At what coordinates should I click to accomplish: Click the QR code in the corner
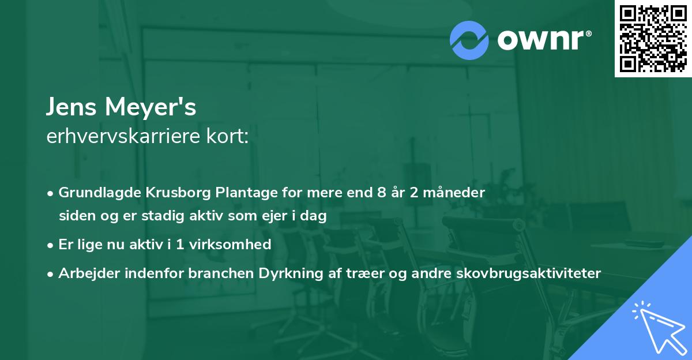pyautogui.click(x=653, y=38)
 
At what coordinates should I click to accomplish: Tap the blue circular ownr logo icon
pyautogui.click(x=469, y=40)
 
